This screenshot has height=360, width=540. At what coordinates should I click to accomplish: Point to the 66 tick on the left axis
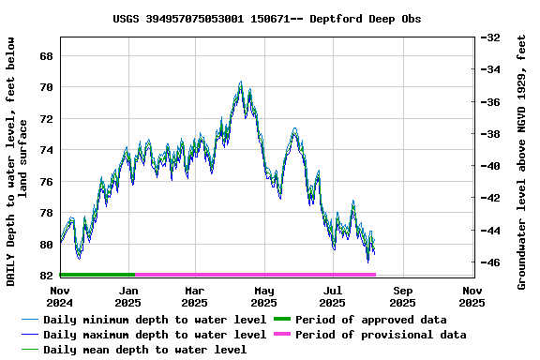coord(45,56)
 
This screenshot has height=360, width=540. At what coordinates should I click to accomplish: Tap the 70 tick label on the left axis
coord(45,87)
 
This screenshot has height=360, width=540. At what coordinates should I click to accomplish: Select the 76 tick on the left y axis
coord(45,182)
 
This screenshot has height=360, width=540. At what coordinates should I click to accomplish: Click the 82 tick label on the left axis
coord(45,276)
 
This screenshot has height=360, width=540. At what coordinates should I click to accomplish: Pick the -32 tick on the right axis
coord(489,37)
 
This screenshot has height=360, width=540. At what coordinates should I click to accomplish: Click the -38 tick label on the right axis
coord(489,134)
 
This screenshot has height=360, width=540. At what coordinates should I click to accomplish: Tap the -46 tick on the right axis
coord(489,262)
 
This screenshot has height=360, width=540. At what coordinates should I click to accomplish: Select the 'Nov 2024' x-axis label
coord(60,296)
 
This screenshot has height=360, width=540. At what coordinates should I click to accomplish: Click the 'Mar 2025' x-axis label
coord(194,296)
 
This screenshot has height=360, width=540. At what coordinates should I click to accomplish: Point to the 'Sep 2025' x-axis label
coord(402,296)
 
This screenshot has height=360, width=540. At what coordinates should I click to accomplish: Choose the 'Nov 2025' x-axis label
coord(472,296)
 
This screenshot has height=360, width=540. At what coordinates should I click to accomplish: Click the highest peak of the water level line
coord(241,82)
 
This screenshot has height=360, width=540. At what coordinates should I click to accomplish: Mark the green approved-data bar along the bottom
coord(97,275)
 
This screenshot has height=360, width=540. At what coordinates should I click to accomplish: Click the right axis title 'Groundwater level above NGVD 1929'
coord(522,161)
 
